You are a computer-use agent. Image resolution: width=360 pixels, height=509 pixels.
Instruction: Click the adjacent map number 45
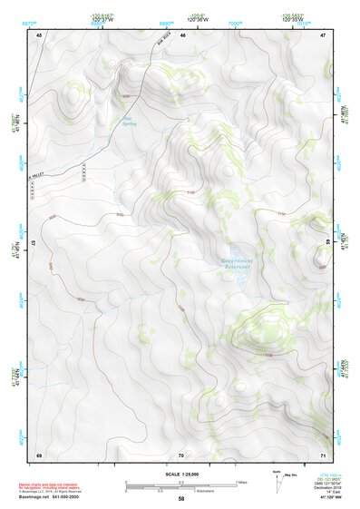coord(39,34)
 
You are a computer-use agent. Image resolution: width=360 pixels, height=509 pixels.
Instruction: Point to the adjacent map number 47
coord(323,34)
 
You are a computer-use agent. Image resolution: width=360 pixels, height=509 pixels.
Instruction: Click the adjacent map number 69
coord(39,454)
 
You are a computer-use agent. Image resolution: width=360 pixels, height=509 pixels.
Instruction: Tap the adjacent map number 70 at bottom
coord(181,454)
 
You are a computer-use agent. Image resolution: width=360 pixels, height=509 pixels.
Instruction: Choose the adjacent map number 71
coord(323,454)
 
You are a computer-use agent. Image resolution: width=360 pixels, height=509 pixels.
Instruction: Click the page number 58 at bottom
coord(181,500)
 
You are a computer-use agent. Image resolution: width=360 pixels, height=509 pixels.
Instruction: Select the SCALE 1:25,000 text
coord(181,475)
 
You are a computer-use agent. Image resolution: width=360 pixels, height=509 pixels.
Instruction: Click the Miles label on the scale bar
coord(240,482)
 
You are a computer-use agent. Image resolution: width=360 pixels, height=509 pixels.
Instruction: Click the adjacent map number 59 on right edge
coord(327,243)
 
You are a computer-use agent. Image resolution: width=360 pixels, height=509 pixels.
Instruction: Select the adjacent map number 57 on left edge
coord(34,243)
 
